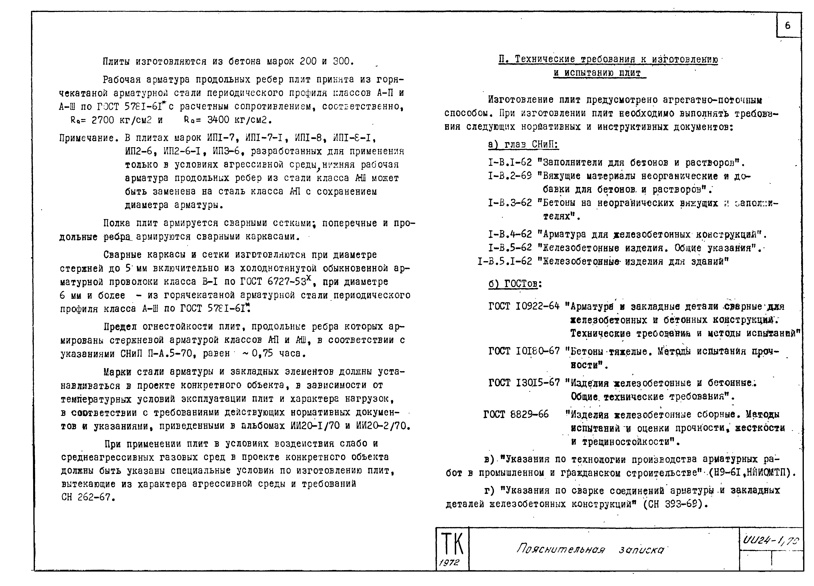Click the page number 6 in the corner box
[787, 25]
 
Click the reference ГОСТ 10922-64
[524, 307]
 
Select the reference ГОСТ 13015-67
[524, 383]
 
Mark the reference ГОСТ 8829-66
[516, 414]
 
